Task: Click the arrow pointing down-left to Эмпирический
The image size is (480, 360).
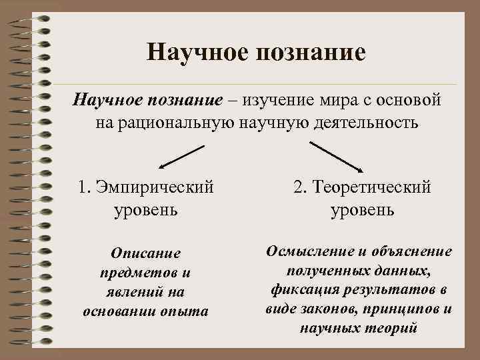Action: pos(179,157)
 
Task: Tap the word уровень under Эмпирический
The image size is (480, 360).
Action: pos(145,210)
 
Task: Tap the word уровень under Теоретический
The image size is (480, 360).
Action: pos(363,210)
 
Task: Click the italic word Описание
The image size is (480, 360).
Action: pos(146,253)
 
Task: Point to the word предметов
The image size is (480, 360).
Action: pos(137,273)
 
